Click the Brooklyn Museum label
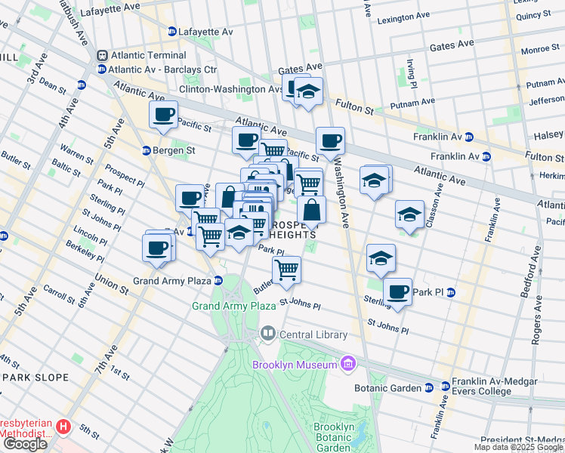coord(294,365)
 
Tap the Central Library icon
coord(267,334)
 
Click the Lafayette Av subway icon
coord(173,32)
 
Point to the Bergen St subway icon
coord(147,150)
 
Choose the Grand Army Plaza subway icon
coord(218,281)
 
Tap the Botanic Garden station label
coord(388,387)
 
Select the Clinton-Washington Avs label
coord(230,88)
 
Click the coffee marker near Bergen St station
coord(163,116)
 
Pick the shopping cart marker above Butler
coord(286,269)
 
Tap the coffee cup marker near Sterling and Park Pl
coord(397,291)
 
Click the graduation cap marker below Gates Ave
coord(308,91)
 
